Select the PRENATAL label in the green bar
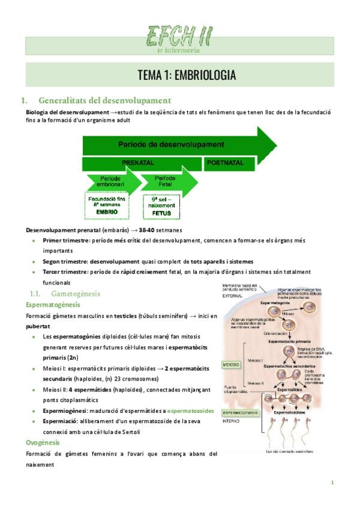(x=137, y=163)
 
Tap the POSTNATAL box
(x=225, y=163)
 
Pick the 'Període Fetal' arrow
(x=167, y=181)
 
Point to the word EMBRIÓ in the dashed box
(x=107, y=212)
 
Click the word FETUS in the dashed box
(x=161, y=212)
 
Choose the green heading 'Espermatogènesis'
(x=52, y=305)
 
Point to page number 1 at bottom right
(x=332, y=483)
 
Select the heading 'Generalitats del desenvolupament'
(x=104, y=100)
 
